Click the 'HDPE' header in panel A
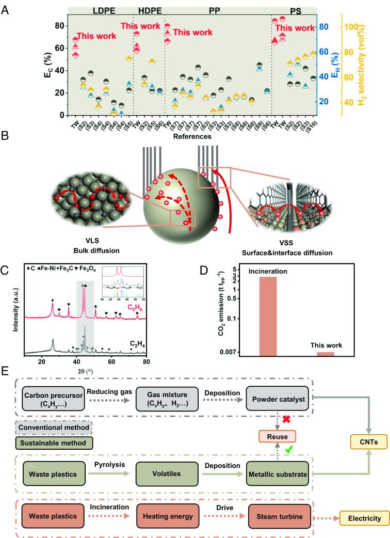[x=148, y=10]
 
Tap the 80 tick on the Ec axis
[x=61, y=26]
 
